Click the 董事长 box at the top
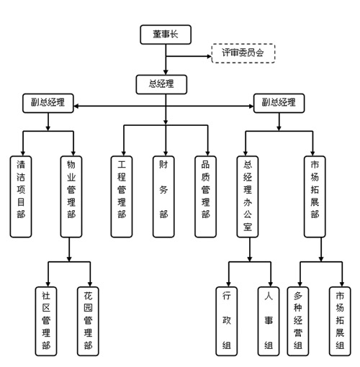[166, 35]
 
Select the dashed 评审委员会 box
[243, 53]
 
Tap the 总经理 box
[161, 84]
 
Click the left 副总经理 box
[48, 103]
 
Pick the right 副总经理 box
[279, 103]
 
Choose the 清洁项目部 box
[21, 196]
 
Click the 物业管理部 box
[71, 196]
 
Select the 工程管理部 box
[122, 196]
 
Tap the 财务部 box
[163, 196]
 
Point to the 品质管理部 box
[205, 196]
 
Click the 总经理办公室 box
[248, 196]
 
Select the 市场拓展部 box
[315, 196]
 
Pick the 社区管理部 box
[46, 321]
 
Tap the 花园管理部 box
[88, 321]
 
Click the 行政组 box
[227, 321]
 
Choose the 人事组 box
[269, 321]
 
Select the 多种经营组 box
[298, 321]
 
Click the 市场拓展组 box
[340, 321]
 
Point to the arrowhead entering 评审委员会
[209, 57]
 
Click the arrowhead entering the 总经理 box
[166, 73]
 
